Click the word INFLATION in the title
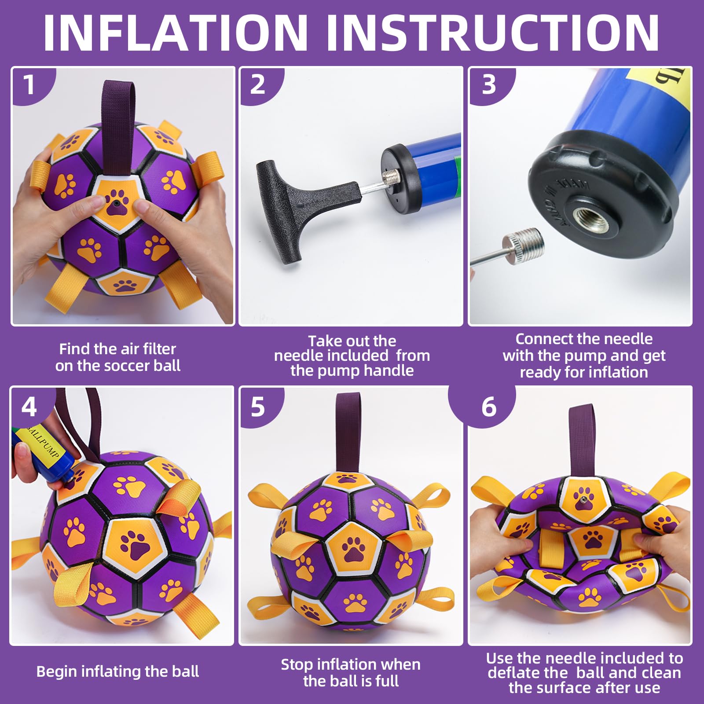point(175,33)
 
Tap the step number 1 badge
point(29,84)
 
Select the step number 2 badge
point(257,84)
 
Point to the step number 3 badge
point(488,84)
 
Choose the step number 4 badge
point(29,407)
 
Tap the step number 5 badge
point(257,407)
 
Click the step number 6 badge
point(488,407)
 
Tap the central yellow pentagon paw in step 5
point(354,548)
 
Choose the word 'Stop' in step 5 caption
point(297,664)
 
